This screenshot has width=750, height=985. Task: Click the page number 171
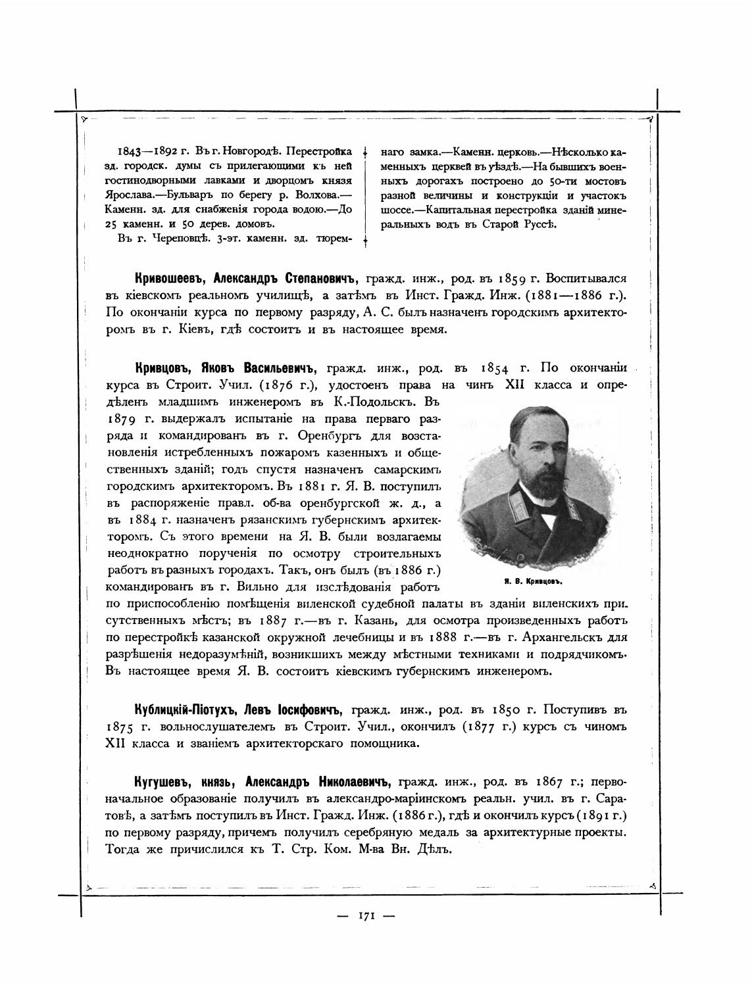pyautogui.click(x=366, y=915)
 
